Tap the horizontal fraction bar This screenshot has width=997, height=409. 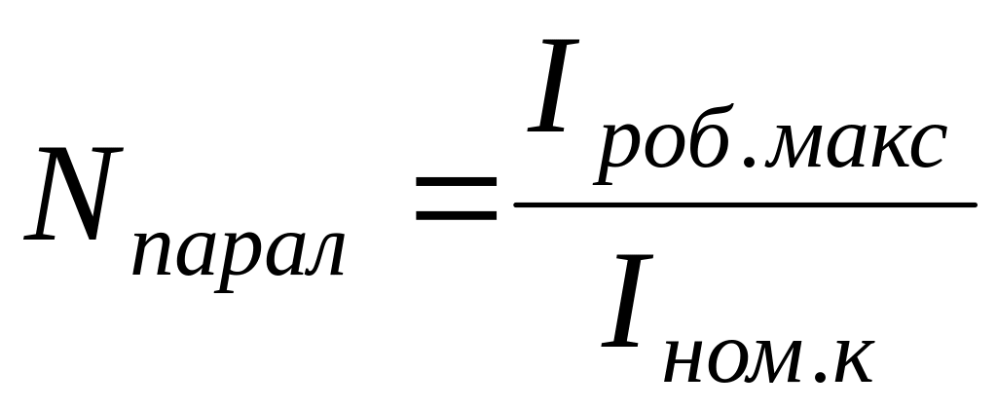pyautogui.click(x=744, y=204)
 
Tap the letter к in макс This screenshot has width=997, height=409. pyautogui.click(x=881, y=159)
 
